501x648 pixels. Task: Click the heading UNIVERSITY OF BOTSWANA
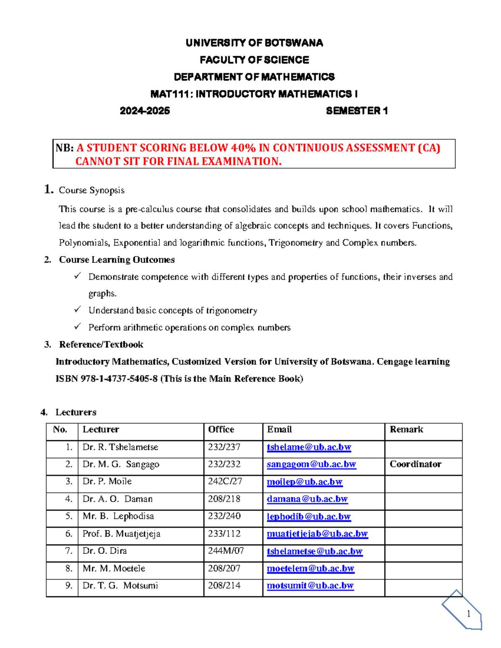254,43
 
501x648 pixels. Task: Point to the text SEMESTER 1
357,111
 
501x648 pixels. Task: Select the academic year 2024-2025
144,111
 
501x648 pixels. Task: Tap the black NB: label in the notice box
65,148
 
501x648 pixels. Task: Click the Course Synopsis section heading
91,190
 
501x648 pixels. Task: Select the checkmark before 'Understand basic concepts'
78,310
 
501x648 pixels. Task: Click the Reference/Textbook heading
101,345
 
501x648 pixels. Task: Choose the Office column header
221,429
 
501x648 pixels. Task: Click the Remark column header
406,429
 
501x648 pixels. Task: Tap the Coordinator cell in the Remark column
415,464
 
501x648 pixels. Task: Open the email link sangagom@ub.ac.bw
311,464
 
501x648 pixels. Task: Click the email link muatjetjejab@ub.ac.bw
317,534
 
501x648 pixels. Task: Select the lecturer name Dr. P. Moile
107,482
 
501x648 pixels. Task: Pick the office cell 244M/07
225,551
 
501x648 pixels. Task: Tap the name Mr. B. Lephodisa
118,516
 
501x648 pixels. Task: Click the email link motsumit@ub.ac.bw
310,586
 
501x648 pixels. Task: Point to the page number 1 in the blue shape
468,613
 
